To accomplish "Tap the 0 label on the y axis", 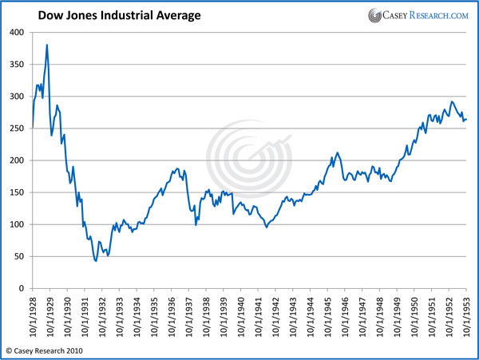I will pyautogui.click(x=22, y=288).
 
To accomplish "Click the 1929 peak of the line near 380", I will pyautogui.click(x=47, y=45).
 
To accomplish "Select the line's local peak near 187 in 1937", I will pyautogui.click(x=177, y=168).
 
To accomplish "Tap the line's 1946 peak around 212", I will pyautogui.click(x=338, y=152).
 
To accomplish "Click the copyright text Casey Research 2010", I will pyautogui.click(x=48, y=350).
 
